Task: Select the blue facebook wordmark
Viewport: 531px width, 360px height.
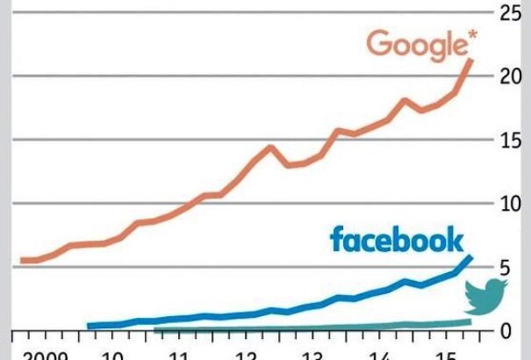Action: [x=396, y=239]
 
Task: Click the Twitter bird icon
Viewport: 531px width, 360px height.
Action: [x=484, y=298]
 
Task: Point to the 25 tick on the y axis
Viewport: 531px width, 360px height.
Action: [x=511, y=12]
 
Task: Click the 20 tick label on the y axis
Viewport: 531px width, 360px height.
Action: [x=511, y=76]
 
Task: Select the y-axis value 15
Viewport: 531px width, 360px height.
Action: [x=511, y=140]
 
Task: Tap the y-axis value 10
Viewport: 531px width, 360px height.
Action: [x=511, y=204]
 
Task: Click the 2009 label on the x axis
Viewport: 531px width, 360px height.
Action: [x=45, y=354]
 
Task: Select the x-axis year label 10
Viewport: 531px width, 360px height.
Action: [x=111, y=354]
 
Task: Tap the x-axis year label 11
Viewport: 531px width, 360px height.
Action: [x=178, y=354]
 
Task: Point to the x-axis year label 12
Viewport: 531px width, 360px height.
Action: [x=246, y=354]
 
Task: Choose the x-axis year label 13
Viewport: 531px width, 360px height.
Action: [x=312, y=354]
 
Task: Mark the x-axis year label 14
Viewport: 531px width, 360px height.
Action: [x=379, y=354]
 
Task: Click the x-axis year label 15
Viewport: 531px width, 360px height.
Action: [x=446, y=354]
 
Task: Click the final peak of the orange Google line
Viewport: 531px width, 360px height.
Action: [x=471, y=60]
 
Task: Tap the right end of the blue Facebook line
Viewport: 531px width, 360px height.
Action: [x=471, y=257]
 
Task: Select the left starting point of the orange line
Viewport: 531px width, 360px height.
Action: [x=22, y=260]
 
